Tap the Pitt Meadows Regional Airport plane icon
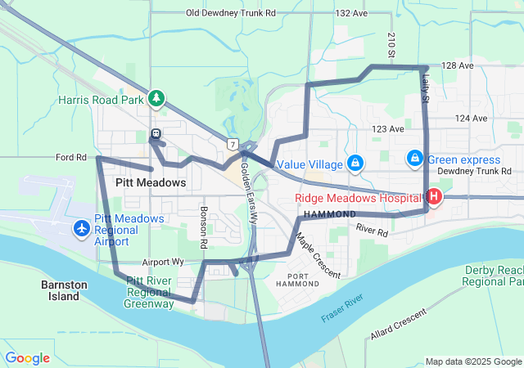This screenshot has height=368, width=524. click(82, 227)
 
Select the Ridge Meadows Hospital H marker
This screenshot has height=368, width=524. click(433, 197)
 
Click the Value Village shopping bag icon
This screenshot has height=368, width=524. click(355, 164)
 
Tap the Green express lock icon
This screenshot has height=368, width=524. click(415, 158)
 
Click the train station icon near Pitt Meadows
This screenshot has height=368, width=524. click(156, 134)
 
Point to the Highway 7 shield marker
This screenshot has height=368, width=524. click(234, 145)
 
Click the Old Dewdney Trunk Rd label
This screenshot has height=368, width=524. click(231, 13)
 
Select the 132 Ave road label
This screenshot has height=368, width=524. click(352, 13)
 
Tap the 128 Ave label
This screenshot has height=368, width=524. click(457, 65)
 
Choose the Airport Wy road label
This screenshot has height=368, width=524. click(161, 263)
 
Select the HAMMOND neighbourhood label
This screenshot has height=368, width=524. click(330, 213)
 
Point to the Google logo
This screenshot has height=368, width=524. click(28, 358)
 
